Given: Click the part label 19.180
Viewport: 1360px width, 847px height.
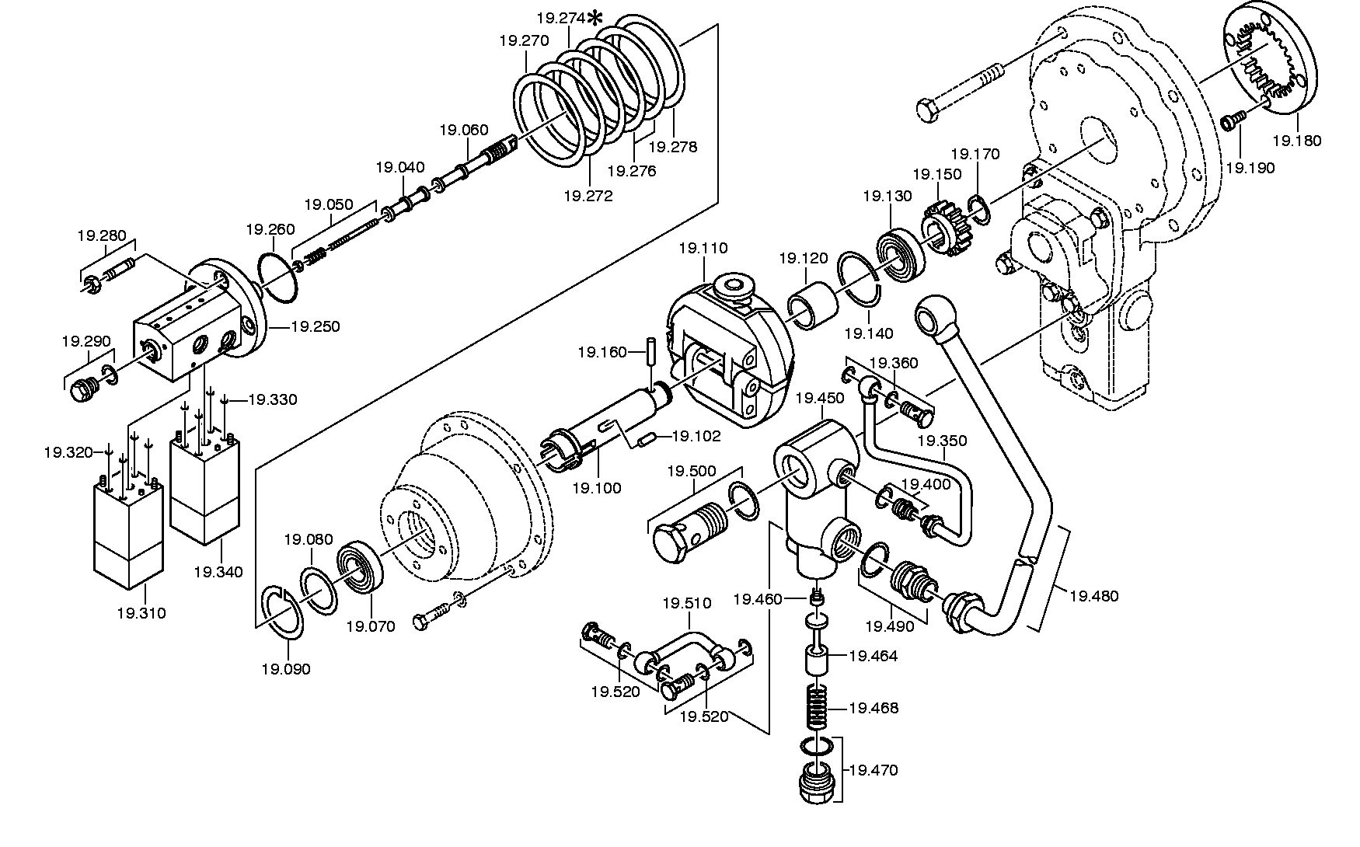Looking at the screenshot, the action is [x=1296, y=141].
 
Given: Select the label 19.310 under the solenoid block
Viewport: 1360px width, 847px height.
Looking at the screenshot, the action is [x=141, y=613].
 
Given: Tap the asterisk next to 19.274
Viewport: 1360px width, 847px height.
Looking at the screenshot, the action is [x=596, y=18].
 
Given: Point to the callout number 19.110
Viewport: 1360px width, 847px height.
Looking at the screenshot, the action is [x=703, y=249].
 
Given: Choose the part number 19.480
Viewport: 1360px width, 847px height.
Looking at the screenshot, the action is [x=1094, y=596].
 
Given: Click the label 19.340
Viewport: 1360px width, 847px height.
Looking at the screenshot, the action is [x=218, y=572].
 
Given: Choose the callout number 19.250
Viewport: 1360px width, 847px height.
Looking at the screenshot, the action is [x=316, y=327].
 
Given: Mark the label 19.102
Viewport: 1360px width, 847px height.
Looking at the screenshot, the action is [x=696, y=436].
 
